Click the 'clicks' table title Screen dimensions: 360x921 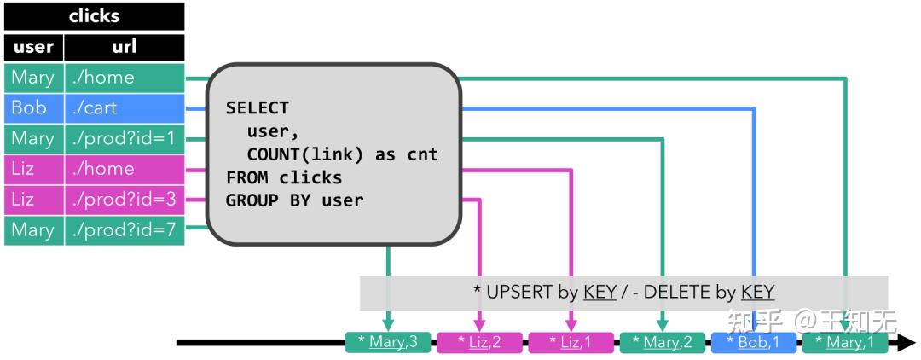click(x=94, y=15)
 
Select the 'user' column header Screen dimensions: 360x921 click(x=33, y=47)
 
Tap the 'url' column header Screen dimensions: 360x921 click(x=125, y=47)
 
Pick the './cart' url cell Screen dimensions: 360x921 click(x=125, y=108)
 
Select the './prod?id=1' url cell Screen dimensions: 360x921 click(x=125, y=138)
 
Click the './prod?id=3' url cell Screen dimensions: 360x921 click(x=125, y=200)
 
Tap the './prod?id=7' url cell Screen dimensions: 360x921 click(x=125, y=230)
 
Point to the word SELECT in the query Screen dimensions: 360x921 click(x=257, y=108)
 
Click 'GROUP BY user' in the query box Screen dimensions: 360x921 click(x=294, y=200)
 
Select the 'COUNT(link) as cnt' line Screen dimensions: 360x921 click(x=342, y=154)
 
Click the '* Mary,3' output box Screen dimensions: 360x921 click(x=388, y=342)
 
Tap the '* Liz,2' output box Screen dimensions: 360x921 click(x=479, y=342)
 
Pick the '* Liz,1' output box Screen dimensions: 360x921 click(x=571, y=342)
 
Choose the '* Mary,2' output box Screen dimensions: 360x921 click(x=663, y=342)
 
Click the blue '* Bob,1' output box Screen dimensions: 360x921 click(x=754, y=342)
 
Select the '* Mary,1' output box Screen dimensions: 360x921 click(x=845, y=342)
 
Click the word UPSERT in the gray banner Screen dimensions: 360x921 click(x=520, y=292)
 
